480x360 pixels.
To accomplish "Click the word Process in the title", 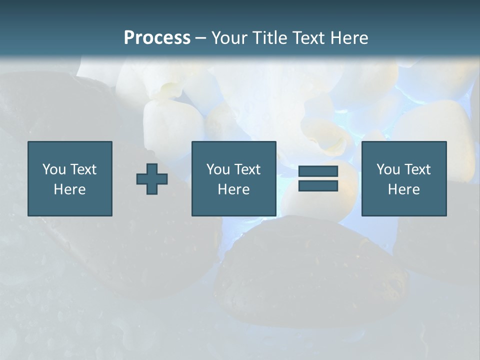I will coord(157,38).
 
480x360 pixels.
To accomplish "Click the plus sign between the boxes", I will coord(152,179).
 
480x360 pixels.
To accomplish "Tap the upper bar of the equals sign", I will coord(318,171).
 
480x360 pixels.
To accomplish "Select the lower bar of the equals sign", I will coord(318,185).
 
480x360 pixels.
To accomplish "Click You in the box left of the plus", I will coord(54,169).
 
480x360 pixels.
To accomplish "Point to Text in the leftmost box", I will coord(82,169).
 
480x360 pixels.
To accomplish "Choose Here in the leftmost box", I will coord(70,189).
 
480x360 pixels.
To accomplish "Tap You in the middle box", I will coord(218,169).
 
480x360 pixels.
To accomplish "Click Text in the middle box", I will coord(246,169).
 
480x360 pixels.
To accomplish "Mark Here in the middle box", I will coord(234,189).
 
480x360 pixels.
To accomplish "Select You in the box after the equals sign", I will coord(388,169).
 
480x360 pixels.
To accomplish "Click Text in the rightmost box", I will coord(416,169).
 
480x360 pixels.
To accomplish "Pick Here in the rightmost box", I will coord(404,189).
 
